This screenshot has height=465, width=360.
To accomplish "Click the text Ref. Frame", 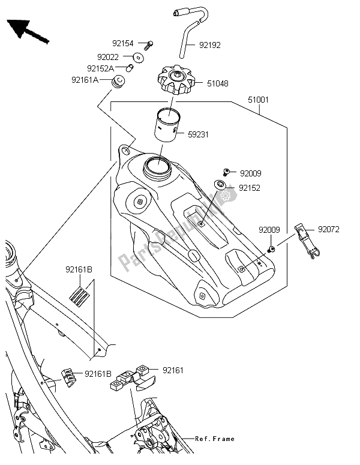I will [215, 439].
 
